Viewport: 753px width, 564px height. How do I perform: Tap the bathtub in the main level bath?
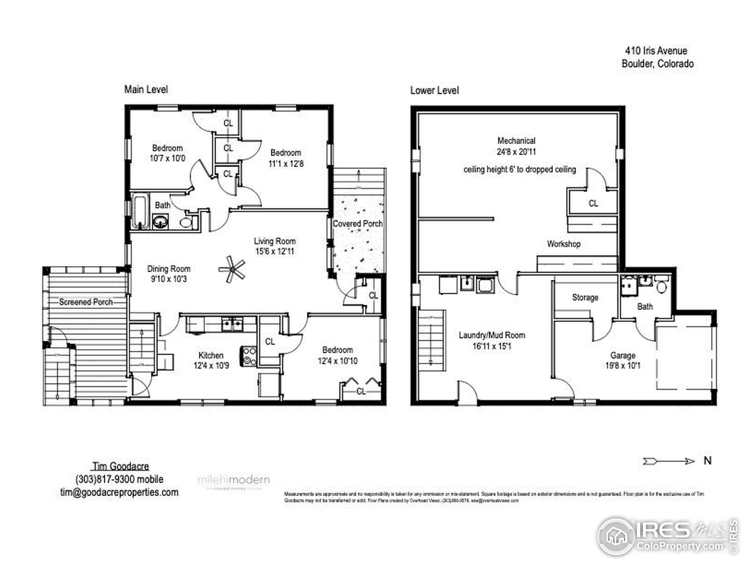(x=140, y=211)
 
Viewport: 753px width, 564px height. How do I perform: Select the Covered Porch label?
(x=357, y=224)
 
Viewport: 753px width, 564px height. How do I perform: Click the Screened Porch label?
(x=86, y=302)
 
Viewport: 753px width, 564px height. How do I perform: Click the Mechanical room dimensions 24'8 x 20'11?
(x=516, y=152)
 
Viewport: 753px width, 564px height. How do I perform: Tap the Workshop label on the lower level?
(x=563, y=244)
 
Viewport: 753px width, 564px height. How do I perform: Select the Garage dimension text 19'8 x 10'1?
(x=623, y=366)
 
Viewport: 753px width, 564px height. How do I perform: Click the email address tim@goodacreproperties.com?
(x=119, y=492)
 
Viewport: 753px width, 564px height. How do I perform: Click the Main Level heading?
(x=146, y=89)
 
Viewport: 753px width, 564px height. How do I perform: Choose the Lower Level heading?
(x=434, y=90)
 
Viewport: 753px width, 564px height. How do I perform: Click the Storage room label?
(x=585, y=298)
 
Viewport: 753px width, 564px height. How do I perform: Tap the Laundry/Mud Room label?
(x=492, y=335)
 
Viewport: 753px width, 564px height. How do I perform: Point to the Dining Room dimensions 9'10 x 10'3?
(x=169, y=279)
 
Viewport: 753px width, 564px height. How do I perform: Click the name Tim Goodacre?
(x=121, y=466)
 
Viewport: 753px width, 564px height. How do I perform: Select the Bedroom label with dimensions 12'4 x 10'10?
(x=337, y=350)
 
